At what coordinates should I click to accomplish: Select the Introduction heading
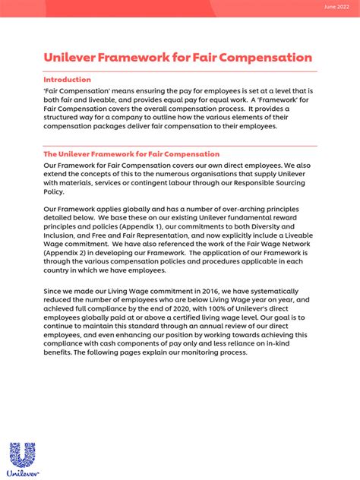[x=67, y=80]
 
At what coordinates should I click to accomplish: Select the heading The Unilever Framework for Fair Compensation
[x=131, y=154]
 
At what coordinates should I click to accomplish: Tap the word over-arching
[x=240, y=208]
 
